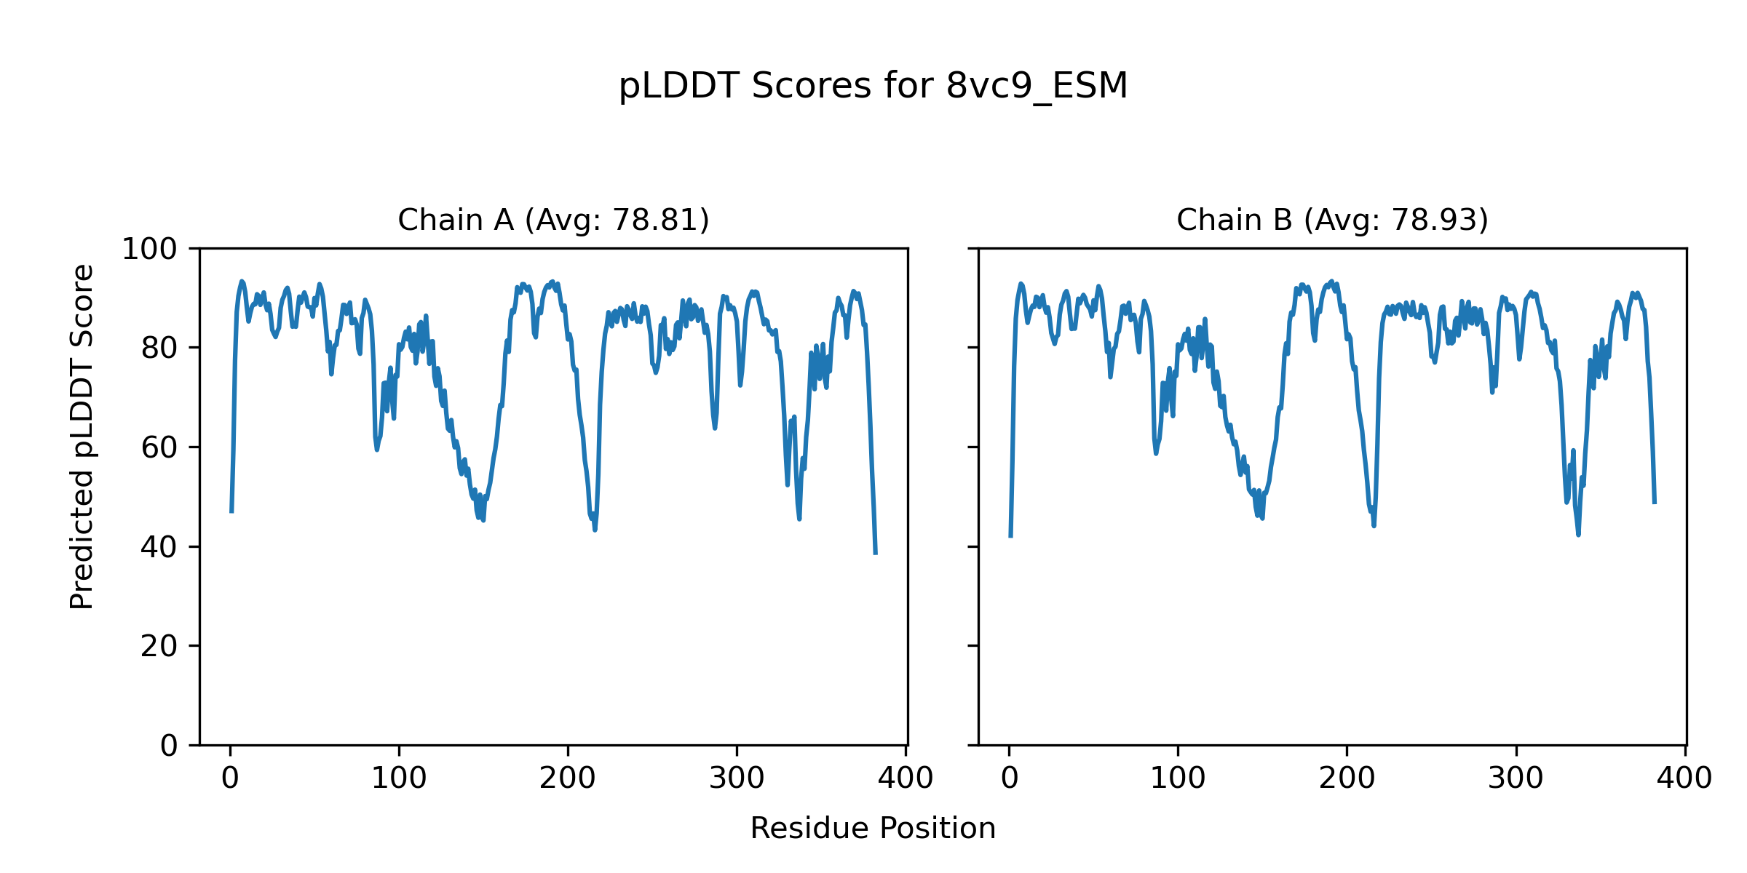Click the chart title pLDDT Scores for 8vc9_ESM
(873, 86)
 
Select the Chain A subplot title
(553, 220)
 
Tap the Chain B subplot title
(1332, 220)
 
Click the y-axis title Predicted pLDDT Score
(82, 436)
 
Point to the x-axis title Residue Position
(873, 829)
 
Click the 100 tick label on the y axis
(149, 250)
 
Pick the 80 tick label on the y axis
(159, 348)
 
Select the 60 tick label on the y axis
(159, 447)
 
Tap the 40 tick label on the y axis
(159, 547)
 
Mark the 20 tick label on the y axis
(159, 646)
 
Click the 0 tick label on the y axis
(169, 746)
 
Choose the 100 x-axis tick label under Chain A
(399, 779)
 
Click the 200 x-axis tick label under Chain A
(568, 779)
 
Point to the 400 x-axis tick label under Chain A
(906, 779)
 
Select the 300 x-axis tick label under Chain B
(1516, 779)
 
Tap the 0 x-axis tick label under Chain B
(1010, 779)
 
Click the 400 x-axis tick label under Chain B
(1684, 779)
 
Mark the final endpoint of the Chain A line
(876, 554)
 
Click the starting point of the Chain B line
(1010, 537)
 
